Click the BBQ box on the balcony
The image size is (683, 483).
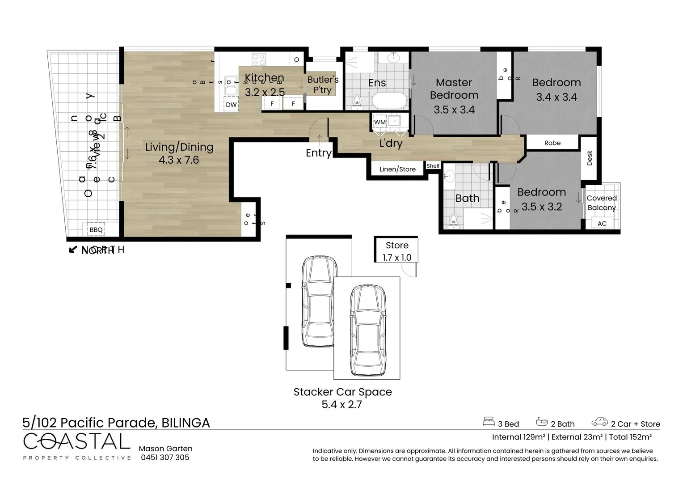click(96, 230)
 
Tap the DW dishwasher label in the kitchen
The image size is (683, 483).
click(231, 105)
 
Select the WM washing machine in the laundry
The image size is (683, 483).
click(379, 122)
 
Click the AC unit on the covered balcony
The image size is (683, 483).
click(602, 223)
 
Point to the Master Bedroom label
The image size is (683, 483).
click(454, 89)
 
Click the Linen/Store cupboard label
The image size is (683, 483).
click(397, 169)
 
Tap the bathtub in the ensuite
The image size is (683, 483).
click(389, 101)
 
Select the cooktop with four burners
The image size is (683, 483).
click(259, 59)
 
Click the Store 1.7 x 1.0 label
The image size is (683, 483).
click(397, 251)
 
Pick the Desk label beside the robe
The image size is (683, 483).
click(590, 158)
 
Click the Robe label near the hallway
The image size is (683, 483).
click(552, 143)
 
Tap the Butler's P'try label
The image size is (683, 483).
click(322, 85)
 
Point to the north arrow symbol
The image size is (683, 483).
click(73, 250)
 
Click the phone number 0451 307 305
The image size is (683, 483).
click(165, 458)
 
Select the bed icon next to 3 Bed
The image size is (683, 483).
click(489, 422)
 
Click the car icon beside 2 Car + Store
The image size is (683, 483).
click(599, 422)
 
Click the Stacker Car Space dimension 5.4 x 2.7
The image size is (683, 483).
click(342, 405)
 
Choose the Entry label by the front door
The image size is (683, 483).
click(318, 153)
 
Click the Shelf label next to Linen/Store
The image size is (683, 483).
click(433, 166)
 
